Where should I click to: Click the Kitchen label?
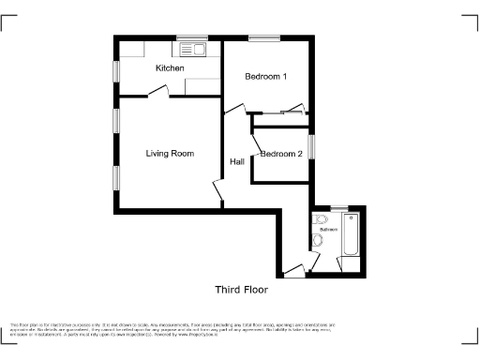[170, 68]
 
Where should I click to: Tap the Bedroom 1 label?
[265, 77]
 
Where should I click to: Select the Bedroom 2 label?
[281, 154]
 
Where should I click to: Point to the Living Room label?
[170, 154]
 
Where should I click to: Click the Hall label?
[237, 162]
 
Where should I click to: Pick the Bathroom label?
[327, 229]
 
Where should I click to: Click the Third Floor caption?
[242, 289]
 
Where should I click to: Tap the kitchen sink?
[192, 48]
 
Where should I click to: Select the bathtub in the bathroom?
[352, 234]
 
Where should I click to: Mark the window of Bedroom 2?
[313, 147]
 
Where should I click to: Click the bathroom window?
[338, 206]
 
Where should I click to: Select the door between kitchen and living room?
[159, 92]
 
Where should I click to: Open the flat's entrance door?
[294, 272]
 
